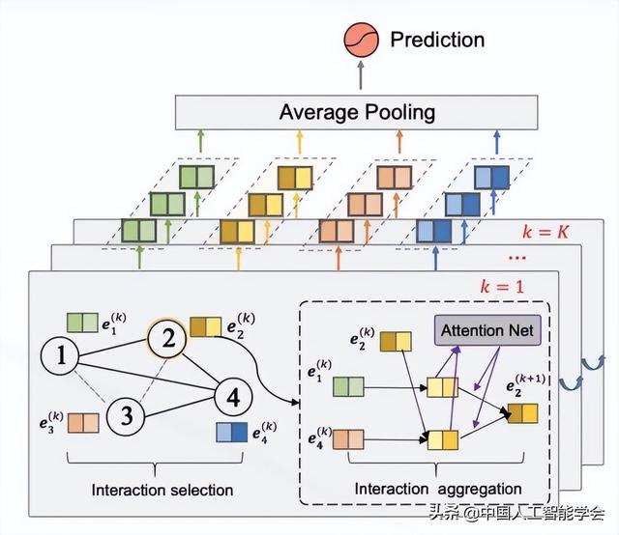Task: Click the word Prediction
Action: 436,40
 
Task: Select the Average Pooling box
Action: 357,112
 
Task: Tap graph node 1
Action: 60,358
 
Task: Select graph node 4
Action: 232,395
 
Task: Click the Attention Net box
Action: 486,331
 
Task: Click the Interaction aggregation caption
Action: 438,489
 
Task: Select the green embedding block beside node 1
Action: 81,323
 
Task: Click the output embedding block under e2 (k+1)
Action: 521,413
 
